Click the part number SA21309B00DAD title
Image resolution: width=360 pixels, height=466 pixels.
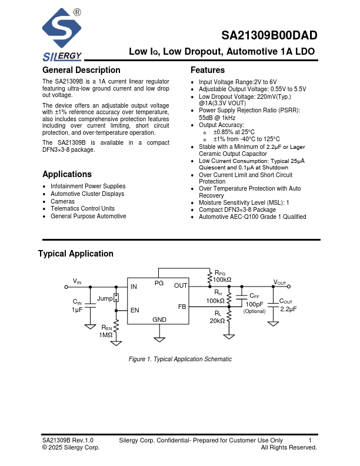click(x=271, y=35)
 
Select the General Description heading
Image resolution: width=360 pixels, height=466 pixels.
click(x=81, y=71)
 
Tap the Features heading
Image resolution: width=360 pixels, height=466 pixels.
click(x=208, y=71)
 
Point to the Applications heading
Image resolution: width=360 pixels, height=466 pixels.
click(x=67, y=174)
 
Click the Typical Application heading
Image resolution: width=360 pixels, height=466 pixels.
click(x=76, y=254)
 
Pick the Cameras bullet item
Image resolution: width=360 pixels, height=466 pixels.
click(x=62, y=201)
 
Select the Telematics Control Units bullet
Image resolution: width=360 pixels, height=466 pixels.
click(x=82, y=209)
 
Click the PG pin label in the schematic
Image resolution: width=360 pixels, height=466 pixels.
click(x=159, y=283)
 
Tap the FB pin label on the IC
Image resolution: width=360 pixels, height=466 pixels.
click(x=182, y=307)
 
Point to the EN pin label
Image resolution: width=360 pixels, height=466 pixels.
click(x=135, y=310)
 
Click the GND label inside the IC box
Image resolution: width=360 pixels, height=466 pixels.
click(x=159, y=319)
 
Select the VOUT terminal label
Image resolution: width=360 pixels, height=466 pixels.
click(x=280, y=282)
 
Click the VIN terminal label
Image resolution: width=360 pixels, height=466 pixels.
click(x=78, y=281)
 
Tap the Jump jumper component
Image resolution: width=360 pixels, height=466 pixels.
click(x=116, y=298)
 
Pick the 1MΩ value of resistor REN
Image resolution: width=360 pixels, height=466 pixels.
click(x=106, y=335)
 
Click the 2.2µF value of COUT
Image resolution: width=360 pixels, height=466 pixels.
click(x=288, y=309)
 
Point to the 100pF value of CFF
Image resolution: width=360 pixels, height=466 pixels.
click(x=255, y=304)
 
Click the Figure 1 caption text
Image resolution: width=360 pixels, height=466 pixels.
click(x=180, y=359)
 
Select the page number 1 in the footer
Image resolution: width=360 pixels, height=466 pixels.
click(x=310, y=440)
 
